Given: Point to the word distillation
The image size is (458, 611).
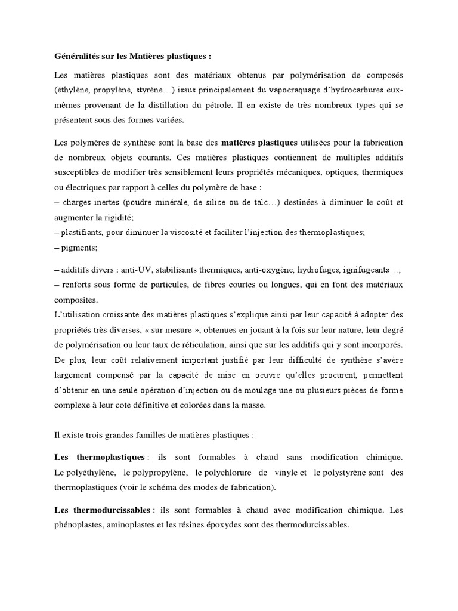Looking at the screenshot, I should (x=185, y=104).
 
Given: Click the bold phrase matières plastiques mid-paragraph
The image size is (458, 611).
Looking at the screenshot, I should (x=259, y=143).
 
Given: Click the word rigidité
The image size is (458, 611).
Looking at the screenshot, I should (x=123, y=217).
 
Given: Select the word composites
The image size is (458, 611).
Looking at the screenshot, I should (x=74, y=300).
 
